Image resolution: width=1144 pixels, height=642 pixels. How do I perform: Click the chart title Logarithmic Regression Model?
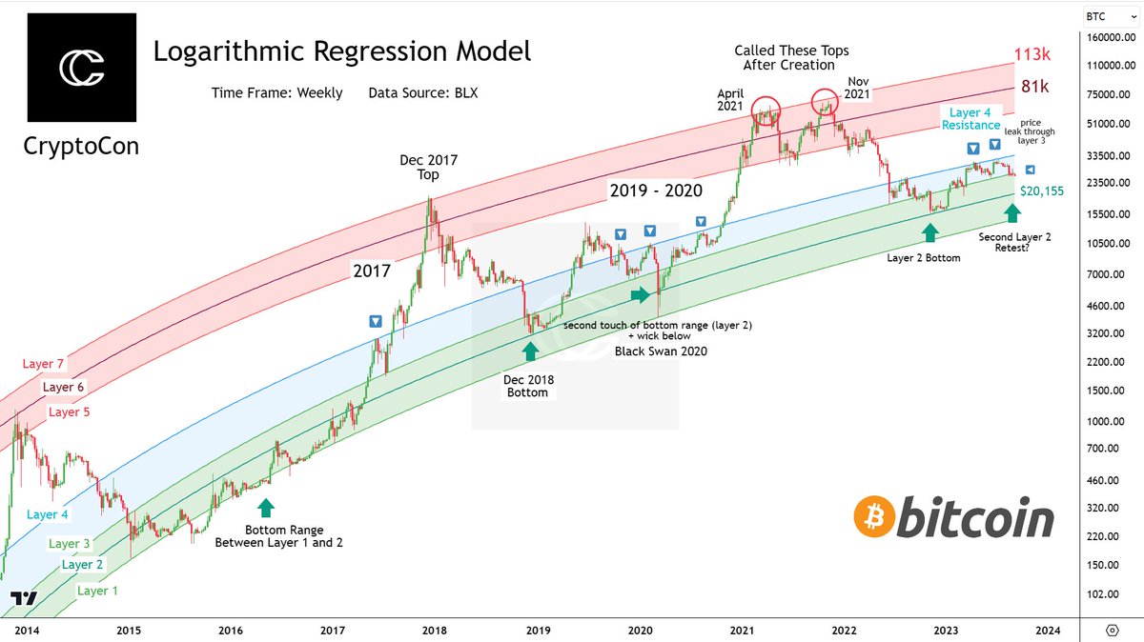point(342,50)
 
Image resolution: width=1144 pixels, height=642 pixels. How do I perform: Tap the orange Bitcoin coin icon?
point(873,518)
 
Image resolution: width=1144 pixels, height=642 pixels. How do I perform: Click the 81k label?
point(1034,87)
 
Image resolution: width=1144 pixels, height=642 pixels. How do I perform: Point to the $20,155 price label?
point(1041,191)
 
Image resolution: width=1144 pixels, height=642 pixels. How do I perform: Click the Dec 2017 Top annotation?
point(428,168)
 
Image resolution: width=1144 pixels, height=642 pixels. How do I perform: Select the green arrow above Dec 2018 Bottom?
point(529,351)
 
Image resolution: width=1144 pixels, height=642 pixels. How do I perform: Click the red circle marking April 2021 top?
point(766,110)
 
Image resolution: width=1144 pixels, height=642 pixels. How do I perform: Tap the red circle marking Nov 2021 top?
point(825,99)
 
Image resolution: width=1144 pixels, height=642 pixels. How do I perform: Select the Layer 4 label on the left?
point(48,514)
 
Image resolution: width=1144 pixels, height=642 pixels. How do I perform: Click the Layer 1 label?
point(98,591)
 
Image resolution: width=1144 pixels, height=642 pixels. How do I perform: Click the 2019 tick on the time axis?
point(539,630)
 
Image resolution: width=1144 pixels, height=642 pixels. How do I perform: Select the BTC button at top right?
point(1104,15)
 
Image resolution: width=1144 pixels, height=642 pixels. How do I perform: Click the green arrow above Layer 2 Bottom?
point(929,232)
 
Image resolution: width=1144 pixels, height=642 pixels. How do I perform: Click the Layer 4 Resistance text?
point(971,119)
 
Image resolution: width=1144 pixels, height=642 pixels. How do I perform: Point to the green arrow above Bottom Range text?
point(264,507)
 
